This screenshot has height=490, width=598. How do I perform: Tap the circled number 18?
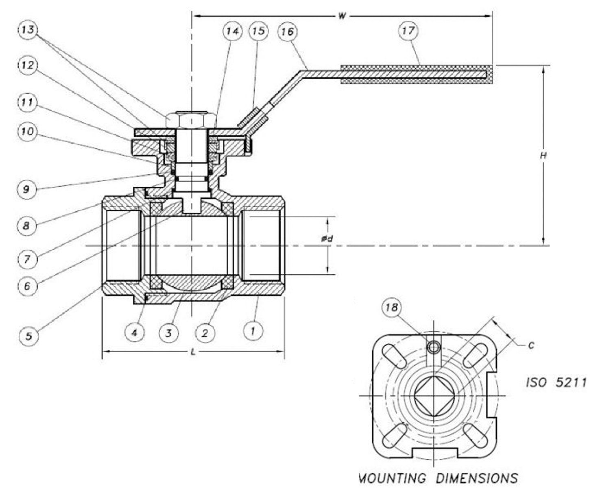(x=392, y=308)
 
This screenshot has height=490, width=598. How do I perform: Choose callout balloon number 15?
(x=259, y=31)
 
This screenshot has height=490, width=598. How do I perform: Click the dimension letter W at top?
(x=342, y=16)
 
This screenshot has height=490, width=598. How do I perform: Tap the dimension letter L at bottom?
(x=193, y=352)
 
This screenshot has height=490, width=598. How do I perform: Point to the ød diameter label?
(x=327, y=239)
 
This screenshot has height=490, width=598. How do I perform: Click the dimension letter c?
(x=531, y=345)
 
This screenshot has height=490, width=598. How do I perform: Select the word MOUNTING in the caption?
(x=392, y=478)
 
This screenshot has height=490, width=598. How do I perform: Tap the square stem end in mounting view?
(x=434, y=395)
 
